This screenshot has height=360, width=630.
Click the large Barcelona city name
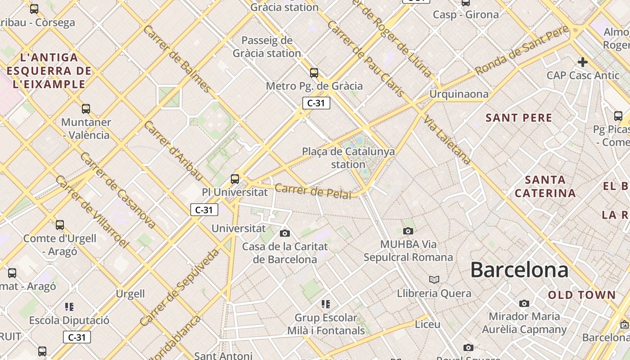click(519, 270)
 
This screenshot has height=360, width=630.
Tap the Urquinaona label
click(459, 94)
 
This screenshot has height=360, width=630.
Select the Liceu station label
click(427, 324)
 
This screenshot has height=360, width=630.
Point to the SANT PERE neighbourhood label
click(519, 118)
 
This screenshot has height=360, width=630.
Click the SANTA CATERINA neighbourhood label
click(545, 186)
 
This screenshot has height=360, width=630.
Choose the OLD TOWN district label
click(582, 295)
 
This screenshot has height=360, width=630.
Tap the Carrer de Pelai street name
click(313, 191)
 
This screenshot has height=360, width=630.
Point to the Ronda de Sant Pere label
click(522, 50)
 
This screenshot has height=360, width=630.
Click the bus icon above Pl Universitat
click(235, 179)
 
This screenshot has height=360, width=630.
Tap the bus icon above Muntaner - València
click(85, 108)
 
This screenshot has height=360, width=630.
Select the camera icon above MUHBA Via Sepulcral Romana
click(408, 231)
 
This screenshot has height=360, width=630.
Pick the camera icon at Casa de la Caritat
click(284, 233)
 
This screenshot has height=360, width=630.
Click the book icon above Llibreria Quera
click(434, 280)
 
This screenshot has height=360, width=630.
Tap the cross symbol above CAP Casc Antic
click(583, 62)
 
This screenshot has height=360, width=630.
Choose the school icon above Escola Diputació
click(69, 307)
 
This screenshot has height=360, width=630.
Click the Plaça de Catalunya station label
click(348, 157)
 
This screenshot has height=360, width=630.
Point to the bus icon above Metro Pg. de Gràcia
click(314, 72)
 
